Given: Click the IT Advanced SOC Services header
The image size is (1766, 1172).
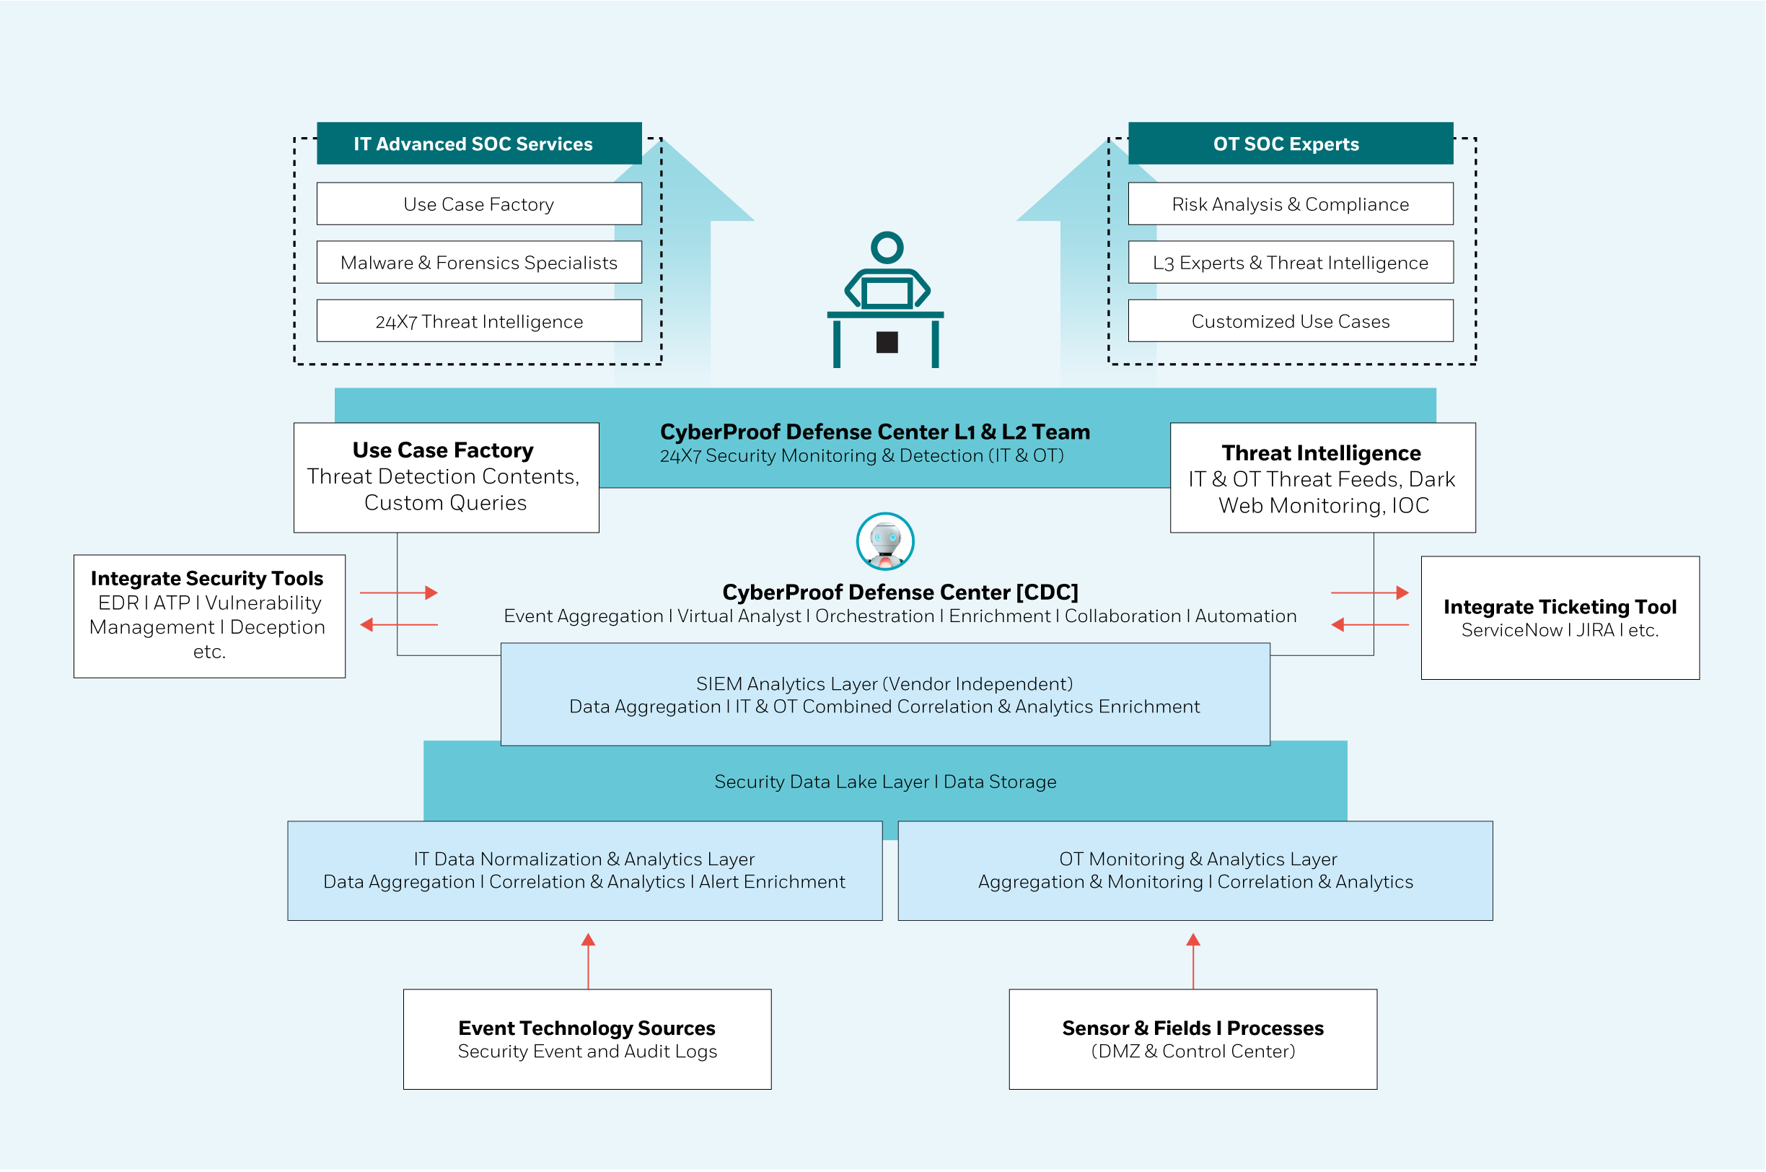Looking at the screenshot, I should (479, 144).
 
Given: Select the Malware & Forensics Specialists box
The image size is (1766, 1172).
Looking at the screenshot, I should (479, 263).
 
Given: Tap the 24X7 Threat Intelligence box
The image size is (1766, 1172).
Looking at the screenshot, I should (479, 321).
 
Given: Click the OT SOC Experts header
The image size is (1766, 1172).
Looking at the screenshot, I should (1290, 144).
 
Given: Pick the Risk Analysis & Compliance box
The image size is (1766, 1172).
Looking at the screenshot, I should (1290, 204).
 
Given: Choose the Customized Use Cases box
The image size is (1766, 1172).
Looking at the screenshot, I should (1290, 321).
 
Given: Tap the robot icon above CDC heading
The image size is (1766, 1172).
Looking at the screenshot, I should (885, 541).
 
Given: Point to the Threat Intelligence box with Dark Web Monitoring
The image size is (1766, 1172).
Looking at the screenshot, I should (1322, 478).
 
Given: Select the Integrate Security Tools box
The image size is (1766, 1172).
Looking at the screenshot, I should (209, 616).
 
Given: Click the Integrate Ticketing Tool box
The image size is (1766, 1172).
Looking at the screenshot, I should (1559, 618).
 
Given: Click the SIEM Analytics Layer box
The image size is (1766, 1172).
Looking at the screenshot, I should (884, 694).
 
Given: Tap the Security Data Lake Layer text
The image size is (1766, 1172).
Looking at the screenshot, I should (884, 782).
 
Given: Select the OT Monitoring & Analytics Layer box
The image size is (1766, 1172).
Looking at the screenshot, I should (1195, 870).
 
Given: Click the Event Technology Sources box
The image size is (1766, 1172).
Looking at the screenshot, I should (587, 1039).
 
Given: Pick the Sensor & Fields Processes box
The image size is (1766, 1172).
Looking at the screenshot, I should (1192, 1039).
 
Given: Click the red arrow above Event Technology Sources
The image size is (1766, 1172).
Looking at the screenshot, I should (588, 960).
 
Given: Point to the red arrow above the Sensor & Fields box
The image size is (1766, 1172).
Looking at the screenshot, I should (1193, 960).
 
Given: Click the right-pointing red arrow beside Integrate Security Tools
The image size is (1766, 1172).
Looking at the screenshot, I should (399, 592).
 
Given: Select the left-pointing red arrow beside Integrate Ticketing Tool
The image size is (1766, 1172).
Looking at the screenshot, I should (1369, 624).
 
